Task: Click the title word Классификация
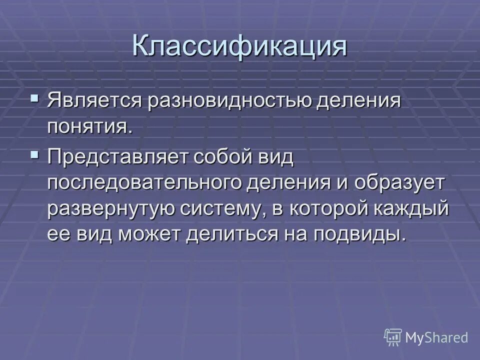click(239, 46)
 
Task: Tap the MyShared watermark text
click(436, 337)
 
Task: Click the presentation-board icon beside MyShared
click(393, 337)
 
